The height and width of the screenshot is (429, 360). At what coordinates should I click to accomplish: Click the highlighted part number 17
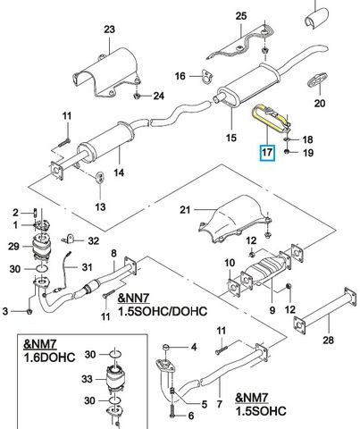[267, 153]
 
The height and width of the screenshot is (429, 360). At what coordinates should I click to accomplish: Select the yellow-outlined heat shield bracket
[271, 118]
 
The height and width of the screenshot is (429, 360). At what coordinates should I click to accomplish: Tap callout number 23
[109, 29]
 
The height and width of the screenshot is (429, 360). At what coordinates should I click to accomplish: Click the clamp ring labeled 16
[206, 77]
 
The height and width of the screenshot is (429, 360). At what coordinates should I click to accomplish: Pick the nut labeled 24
[137, 96]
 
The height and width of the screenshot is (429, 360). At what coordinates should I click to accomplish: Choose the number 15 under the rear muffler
[231, 138]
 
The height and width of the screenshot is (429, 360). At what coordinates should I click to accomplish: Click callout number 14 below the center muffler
[119, 172]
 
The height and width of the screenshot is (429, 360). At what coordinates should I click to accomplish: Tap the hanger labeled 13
[100, 178]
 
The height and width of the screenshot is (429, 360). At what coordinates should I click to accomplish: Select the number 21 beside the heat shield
[185, 210]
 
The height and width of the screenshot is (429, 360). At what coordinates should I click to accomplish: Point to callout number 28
[328, 340]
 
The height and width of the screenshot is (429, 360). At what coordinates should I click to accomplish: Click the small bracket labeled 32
[69, 239]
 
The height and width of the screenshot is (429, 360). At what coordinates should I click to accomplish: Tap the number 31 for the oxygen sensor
[87, 267]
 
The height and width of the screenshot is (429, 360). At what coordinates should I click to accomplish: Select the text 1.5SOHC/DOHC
[163, 311]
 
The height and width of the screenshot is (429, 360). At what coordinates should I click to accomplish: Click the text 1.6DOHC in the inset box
[49, 357]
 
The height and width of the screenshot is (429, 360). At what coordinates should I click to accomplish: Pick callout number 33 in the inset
[88, 379]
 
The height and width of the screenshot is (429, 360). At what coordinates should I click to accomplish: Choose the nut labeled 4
[167, 348]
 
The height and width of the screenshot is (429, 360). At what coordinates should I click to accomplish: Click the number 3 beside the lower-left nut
[4, 311]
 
